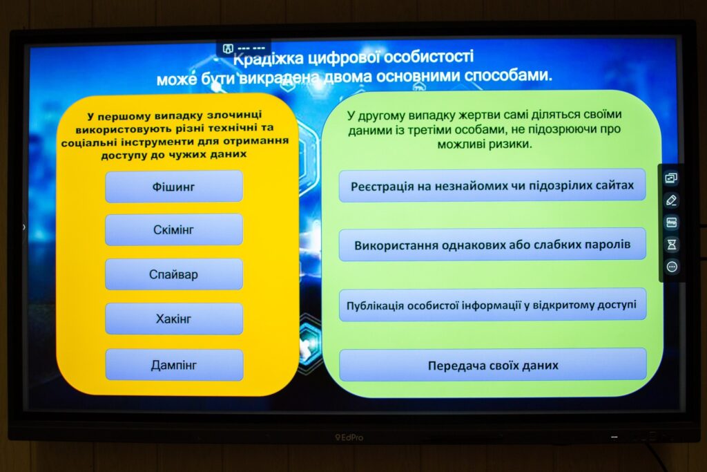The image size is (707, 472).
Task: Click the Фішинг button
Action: [x=174, y=187]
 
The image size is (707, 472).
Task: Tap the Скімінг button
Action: [x=174, y=229]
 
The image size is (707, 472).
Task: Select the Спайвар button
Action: [x=174, y=274]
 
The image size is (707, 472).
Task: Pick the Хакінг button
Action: [x=174, y=319]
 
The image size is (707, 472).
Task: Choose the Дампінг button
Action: [x=175, y=365]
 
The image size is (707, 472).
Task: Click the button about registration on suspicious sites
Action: [x=492, y=185]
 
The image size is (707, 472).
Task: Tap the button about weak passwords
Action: [x=492, y=245]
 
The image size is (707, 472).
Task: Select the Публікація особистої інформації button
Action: [x=492, y=305]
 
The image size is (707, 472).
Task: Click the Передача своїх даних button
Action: [x=493, y=365]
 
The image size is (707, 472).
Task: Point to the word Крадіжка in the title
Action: [x=269, y=59]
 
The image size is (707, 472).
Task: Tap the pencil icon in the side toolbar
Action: [x=671, y=200]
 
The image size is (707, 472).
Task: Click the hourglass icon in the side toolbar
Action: [x=672, y=245]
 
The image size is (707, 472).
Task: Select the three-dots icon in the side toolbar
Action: [x=672, y=267]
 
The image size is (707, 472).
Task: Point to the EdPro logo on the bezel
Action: [x=349, y=437]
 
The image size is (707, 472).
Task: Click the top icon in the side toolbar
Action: [x=671, y=178]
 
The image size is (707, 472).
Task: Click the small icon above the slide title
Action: [x=228, y=48]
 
